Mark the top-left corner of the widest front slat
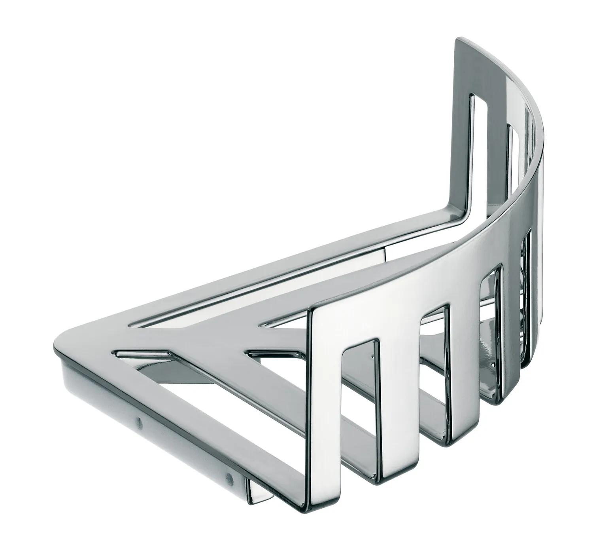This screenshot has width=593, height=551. click(x=310, y=311)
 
